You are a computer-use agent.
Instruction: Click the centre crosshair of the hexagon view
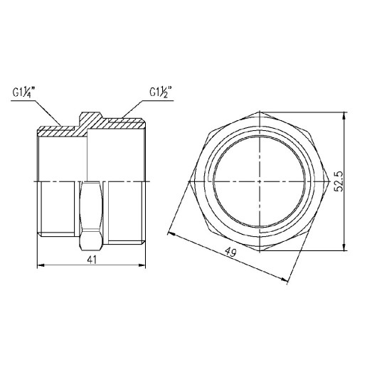pyautogui.click(x=260, y=181)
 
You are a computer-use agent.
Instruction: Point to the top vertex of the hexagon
pyautogui.click(x=260, y=112)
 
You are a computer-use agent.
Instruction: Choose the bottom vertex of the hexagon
pyautogui.click(x=260, y=250)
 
